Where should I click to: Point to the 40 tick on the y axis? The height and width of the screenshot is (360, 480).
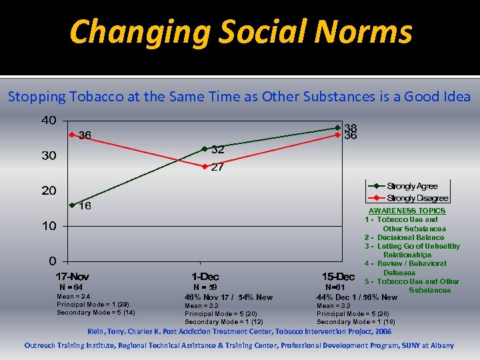click(x=49, y=121)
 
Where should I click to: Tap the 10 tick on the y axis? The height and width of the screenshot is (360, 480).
click(x=49, y=226)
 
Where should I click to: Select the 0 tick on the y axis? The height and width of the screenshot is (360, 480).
click(x=52, y=261)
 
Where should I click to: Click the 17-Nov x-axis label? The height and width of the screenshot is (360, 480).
click(x=72, y=277)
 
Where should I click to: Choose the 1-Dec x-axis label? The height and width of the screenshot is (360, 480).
click(x=205, y=277)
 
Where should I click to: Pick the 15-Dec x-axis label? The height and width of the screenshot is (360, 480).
click(x=338, y=277)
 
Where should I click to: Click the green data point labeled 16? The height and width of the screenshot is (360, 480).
click(x=71, y=205)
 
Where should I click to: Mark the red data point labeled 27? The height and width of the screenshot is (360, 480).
click(x=205, y=166)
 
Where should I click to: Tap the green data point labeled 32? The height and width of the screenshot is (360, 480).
click(x=205, y=149)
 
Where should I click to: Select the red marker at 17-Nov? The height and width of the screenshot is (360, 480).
click(x=71, y=135)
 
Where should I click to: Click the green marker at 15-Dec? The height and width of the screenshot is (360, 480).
click(x=338, y=127)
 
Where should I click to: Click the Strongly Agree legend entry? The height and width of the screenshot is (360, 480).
click(x=407, y=186)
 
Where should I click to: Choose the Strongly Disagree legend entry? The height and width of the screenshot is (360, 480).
click(x=407, y=198)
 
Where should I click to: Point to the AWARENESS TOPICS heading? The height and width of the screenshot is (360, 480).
click(x=407, y=211)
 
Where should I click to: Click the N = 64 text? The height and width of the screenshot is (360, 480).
click(x=71, y=287)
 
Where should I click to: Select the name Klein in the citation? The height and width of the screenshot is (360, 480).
click(x=97, y=331)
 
